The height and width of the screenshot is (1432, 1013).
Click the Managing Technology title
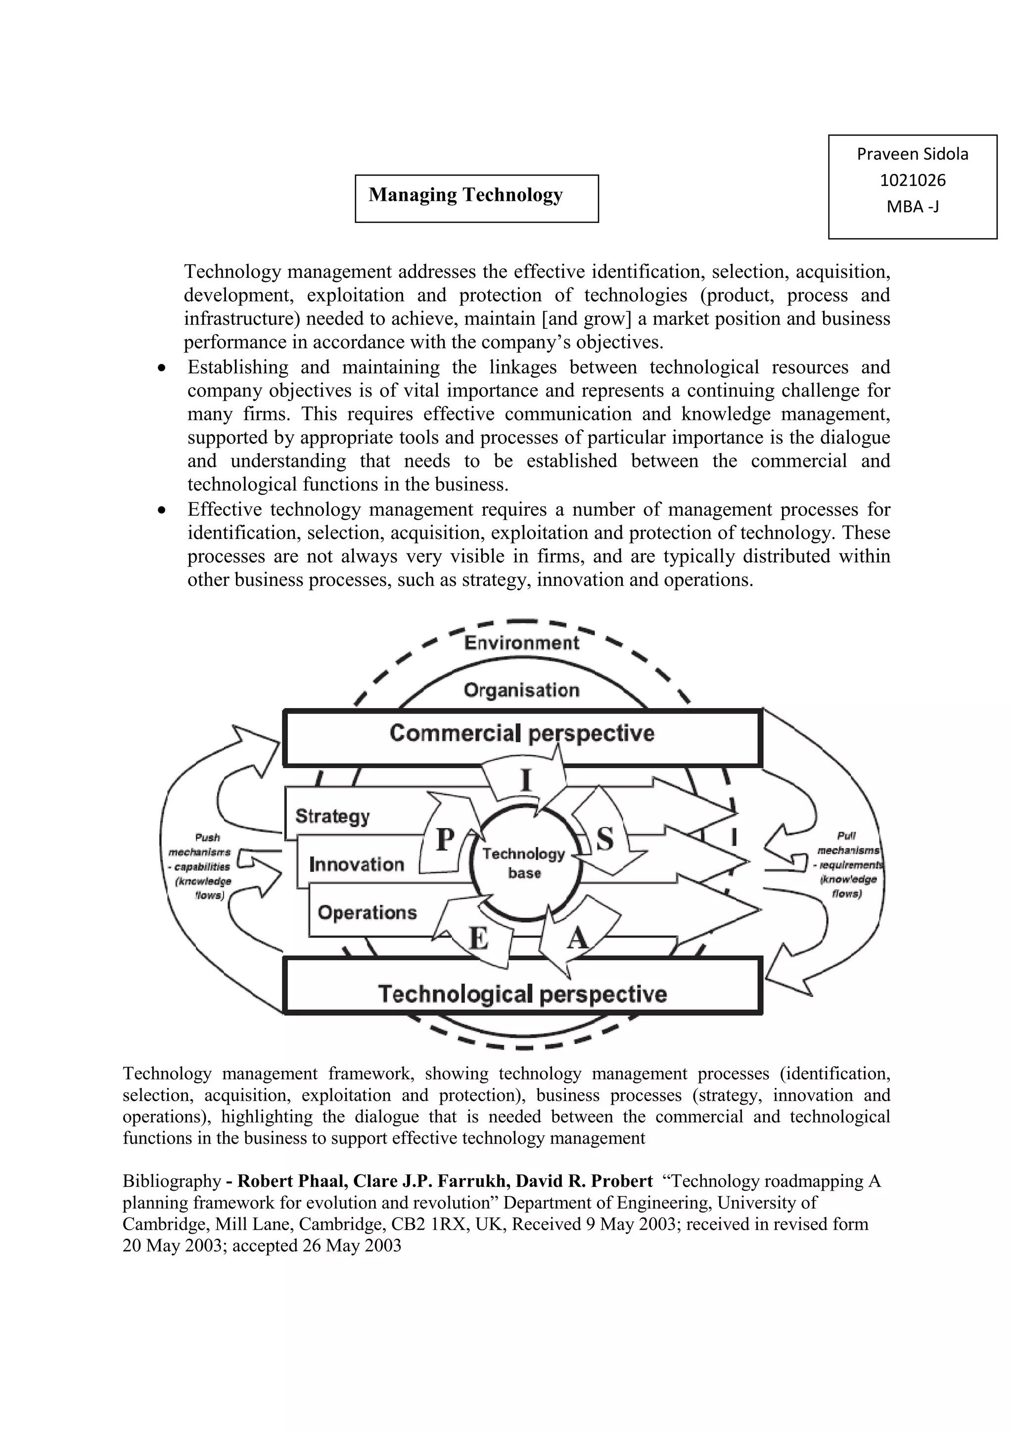465,195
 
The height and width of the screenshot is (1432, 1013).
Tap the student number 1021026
913,180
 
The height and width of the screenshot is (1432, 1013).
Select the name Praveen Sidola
913,154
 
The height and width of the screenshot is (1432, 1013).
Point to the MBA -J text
913,206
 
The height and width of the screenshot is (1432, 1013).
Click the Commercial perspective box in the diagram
522,733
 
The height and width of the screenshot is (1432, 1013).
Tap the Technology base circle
524,863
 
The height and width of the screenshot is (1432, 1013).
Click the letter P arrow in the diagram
444,839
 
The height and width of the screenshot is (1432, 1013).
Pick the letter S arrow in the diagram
604,839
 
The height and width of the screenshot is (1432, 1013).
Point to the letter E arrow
478,939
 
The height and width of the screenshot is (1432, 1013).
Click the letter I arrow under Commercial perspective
526,780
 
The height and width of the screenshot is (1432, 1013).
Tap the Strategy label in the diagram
332,816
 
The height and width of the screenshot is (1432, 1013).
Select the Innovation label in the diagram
356,864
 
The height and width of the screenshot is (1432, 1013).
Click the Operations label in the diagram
367,912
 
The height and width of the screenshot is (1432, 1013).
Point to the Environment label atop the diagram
521,643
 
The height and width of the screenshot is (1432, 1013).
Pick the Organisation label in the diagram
521,690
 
